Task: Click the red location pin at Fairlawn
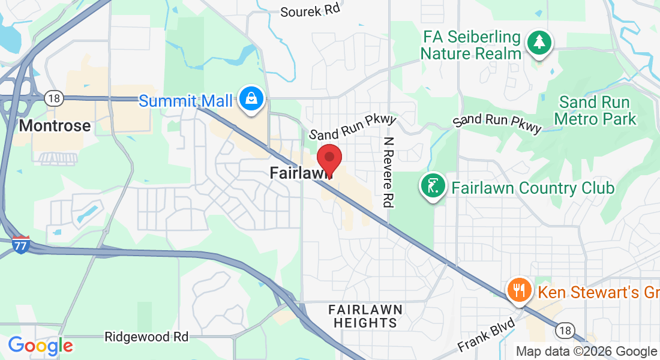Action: pos(329,158)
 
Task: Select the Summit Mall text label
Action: pos(185,101)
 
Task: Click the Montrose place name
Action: pos(55,126)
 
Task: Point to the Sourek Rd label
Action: pos(310,11)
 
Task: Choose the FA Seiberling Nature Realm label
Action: pos(471,45)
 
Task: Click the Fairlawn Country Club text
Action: pos(533,188)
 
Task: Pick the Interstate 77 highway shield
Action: pos(21,244)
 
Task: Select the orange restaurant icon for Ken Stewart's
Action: pos(517,290)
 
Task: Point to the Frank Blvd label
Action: pos(486,335)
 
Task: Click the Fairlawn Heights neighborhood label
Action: pos(365,316)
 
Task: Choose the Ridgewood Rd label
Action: pos(146,336)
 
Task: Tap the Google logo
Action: pos(40,346)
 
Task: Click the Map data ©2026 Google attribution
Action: pos(586,352)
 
